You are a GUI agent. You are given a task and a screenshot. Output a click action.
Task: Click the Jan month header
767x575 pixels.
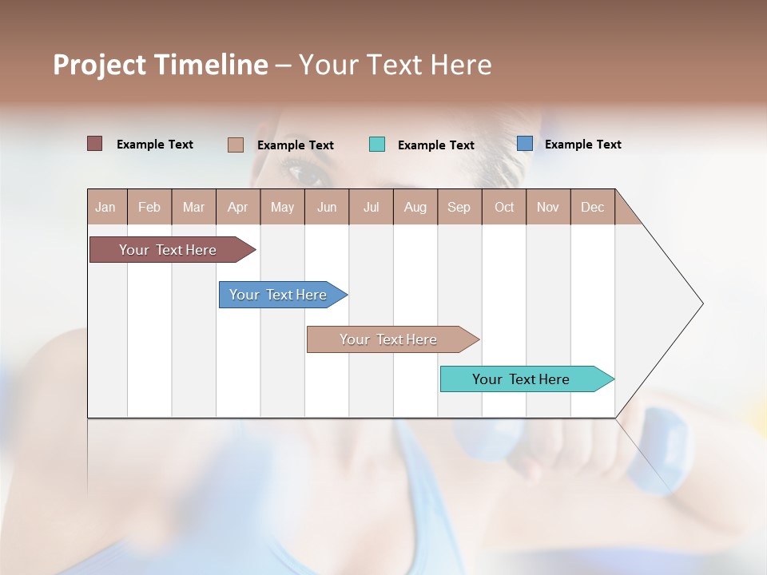pos(106,207)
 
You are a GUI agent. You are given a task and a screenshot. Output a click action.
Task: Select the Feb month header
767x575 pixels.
pos(149,207)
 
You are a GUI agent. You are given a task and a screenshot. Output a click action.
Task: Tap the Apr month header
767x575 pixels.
pos(237,207)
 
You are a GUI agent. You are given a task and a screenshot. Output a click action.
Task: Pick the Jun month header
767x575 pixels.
pos(327,207)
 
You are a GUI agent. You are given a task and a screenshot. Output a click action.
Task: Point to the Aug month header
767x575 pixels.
pos(415,207)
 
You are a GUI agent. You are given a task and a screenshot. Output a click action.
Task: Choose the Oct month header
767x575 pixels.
pos(504,207)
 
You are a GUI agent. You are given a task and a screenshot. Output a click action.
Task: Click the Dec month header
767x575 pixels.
pos(592,207)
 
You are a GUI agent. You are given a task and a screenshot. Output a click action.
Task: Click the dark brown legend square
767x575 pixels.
pos(95,144)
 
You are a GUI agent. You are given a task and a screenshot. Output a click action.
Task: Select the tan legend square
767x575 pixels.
pos(236,145)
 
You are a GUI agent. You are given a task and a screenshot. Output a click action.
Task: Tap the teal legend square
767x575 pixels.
pos(377,145)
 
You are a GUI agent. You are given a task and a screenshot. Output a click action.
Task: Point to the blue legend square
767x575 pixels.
pos(525,144)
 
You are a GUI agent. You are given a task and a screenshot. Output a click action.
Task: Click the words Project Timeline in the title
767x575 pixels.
pos(160,65)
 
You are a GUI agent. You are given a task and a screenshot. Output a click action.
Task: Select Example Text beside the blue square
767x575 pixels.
pos(582,145)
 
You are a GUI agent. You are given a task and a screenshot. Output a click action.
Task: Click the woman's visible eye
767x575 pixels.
pos(301,170)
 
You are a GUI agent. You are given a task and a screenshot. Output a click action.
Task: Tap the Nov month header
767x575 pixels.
pos(548,207)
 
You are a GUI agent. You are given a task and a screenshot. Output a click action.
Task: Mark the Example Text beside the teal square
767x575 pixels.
pos(435,145)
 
